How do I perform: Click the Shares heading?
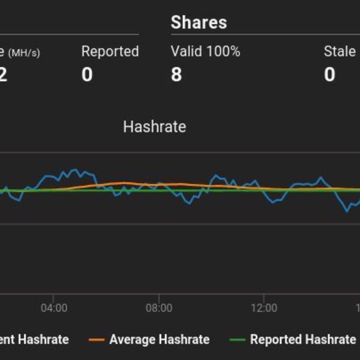[199, 23]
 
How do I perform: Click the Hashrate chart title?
[154, 127]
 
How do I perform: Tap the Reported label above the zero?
[110, 52]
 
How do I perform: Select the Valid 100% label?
[205, 52]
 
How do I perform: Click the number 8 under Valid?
[176, 74]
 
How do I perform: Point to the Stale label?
[339, 52]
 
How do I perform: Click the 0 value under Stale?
[329, 74]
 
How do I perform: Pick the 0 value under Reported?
[87, 74]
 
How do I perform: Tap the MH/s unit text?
[24, 53]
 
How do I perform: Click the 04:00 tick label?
[54, 308]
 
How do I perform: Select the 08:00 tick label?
[159, 308]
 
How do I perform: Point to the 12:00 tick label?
[264, 308]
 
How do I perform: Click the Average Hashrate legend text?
[159, 340]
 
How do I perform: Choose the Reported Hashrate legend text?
[303, 340]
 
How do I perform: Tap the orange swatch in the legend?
[97, 340]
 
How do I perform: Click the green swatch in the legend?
[238, 340]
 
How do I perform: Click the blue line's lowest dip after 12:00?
[347, 211]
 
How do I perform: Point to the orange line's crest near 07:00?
[123, 183]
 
